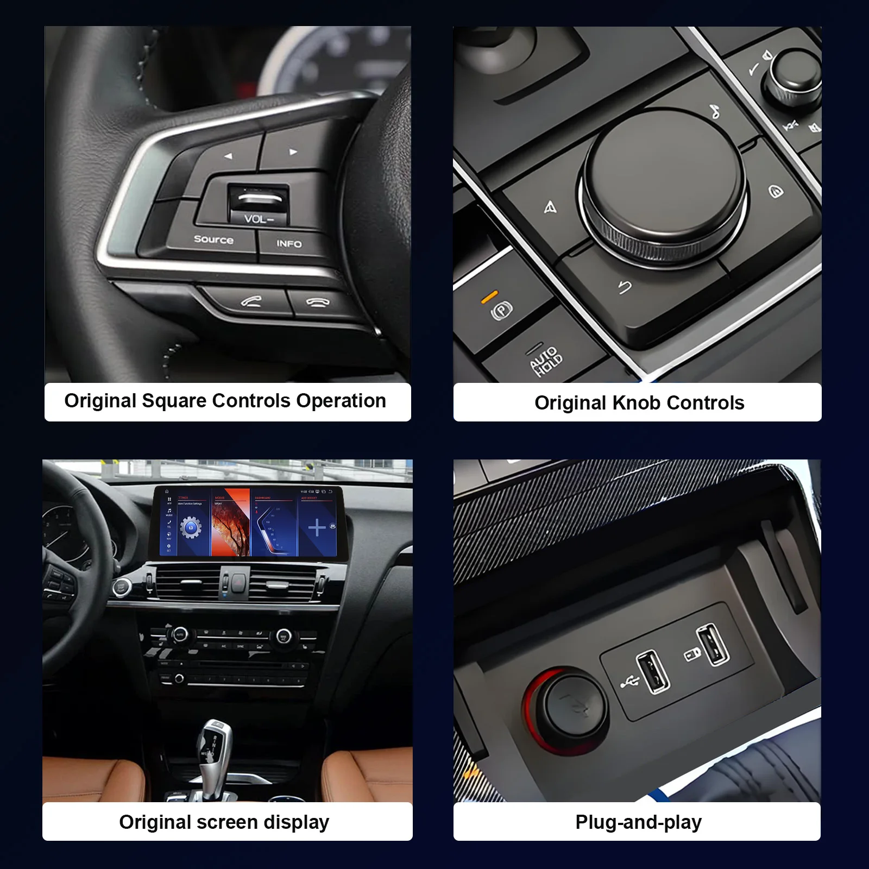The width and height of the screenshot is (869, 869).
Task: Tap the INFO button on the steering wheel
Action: tap(289, 244)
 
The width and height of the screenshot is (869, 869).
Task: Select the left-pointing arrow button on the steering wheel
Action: tap(229, 156)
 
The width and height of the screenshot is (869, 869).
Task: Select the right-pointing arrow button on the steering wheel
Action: tap(293, 152)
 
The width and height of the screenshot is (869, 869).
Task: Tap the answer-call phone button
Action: tap(251, 301)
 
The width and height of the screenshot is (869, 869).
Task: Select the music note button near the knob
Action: tap(715, 111)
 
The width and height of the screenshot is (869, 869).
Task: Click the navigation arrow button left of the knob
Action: tap(550, 207)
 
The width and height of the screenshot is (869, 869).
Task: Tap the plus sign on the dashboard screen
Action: tap(317, 527)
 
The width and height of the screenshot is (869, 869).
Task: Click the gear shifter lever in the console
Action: tap(214, 752)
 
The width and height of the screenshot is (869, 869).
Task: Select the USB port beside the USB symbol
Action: tap(653, 672)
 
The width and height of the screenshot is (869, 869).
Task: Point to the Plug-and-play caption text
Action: tap(638, 822)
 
